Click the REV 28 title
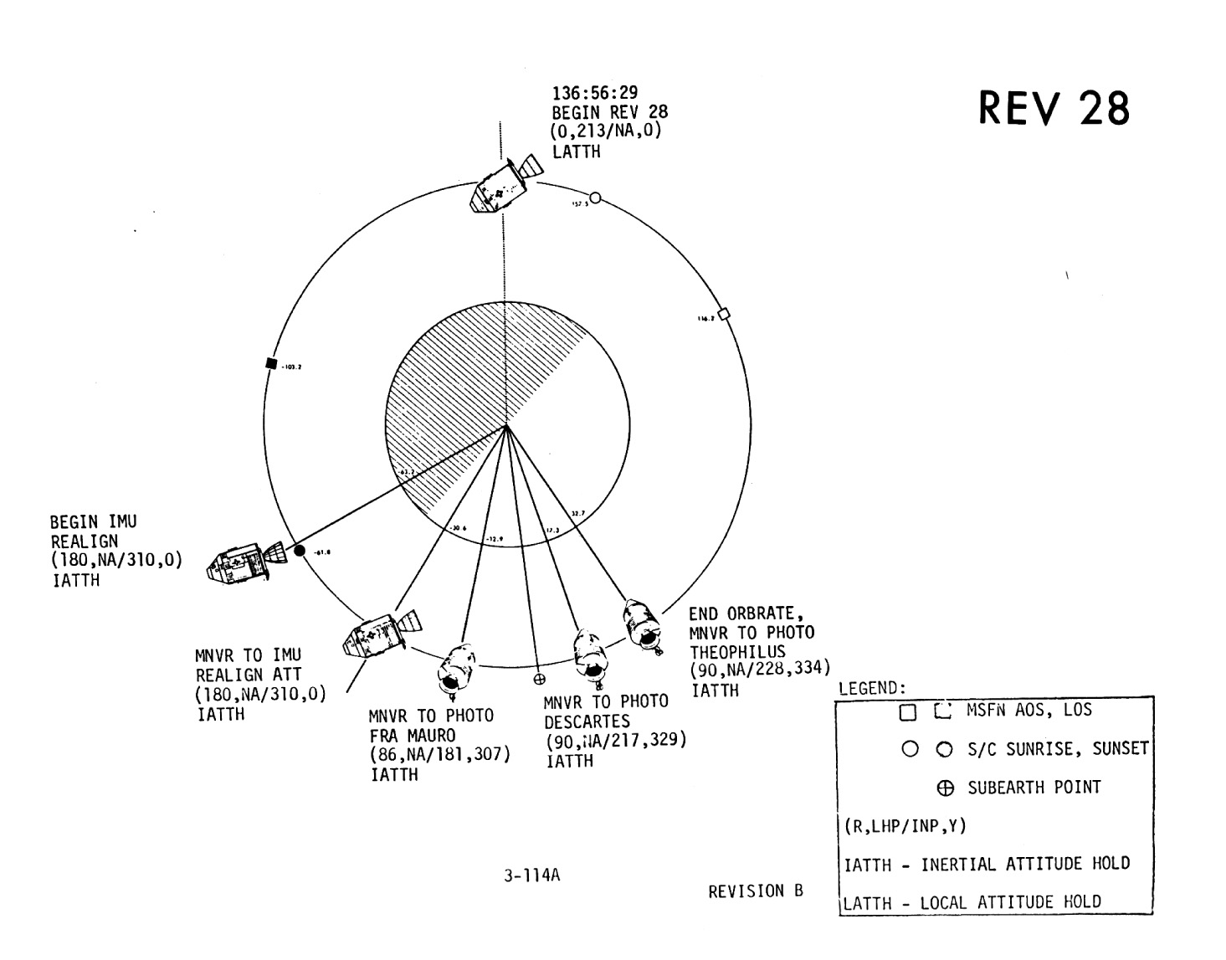point(1054,109)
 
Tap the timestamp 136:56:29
point(594,93)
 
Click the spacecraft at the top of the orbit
point(503,184)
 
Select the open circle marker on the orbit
point(595,198)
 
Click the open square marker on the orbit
point(725,314)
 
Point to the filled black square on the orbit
point(270,363)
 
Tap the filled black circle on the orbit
point(299,551)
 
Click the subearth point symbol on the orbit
point(540,679)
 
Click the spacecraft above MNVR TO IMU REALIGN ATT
point(378,634)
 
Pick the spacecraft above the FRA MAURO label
point(456,669)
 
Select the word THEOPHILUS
point(737,651)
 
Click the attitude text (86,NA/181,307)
point(439,755)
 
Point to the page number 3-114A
point(531,876)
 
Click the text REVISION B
point(755,891)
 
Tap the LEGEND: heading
point(872,688)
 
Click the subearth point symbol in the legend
point(946,788)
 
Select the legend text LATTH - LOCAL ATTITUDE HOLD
point(972,902)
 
